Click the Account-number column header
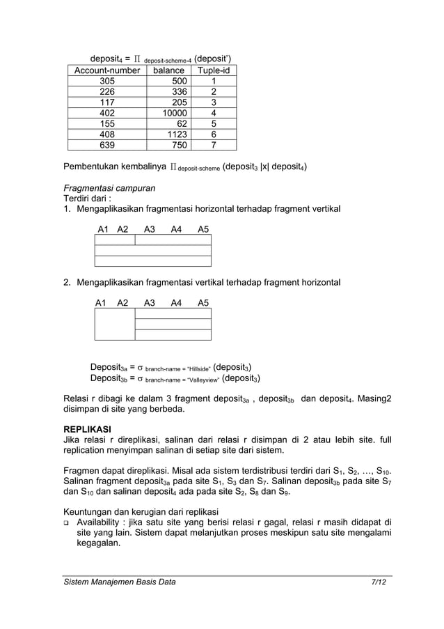pos(107,70)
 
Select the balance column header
pos(169,70)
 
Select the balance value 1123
pos(180,134)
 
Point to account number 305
pos(107,81)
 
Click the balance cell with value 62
pos(182,123)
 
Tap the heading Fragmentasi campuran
pos(109,188)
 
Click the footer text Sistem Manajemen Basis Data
pos(119,582)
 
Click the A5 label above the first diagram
pos(203,228)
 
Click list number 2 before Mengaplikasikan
pos(67,283)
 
